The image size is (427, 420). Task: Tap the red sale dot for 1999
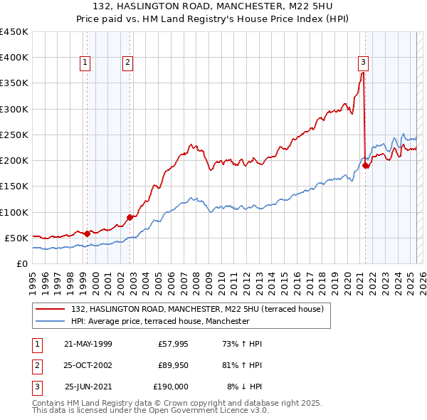(x=87, y=233)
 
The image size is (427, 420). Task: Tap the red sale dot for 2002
(x=130, y=217)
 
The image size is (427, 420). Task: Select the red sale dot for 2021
(x=366, y=165)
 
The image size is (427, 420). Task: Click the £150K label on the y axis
(x=14, y=187)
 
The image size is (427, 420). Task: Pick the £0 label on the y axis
(x=21, y=263)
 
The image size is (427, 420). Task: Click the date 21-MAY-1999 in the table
(x=88, y=344)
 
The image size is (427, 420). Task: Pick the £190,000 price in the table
(x=171, y=387)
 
